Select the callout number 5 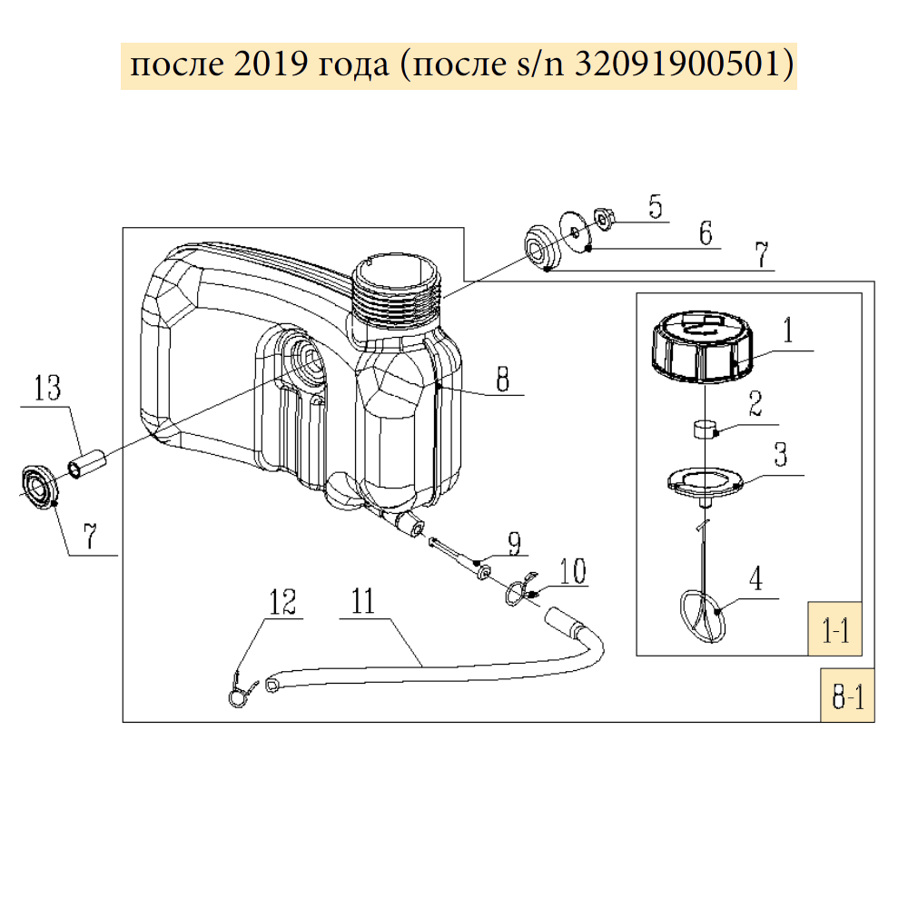655,206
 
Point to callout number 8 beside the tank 501,378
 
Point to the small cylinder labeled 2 705,427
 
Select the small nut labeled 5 604,217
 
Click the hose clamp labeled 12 236,690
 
